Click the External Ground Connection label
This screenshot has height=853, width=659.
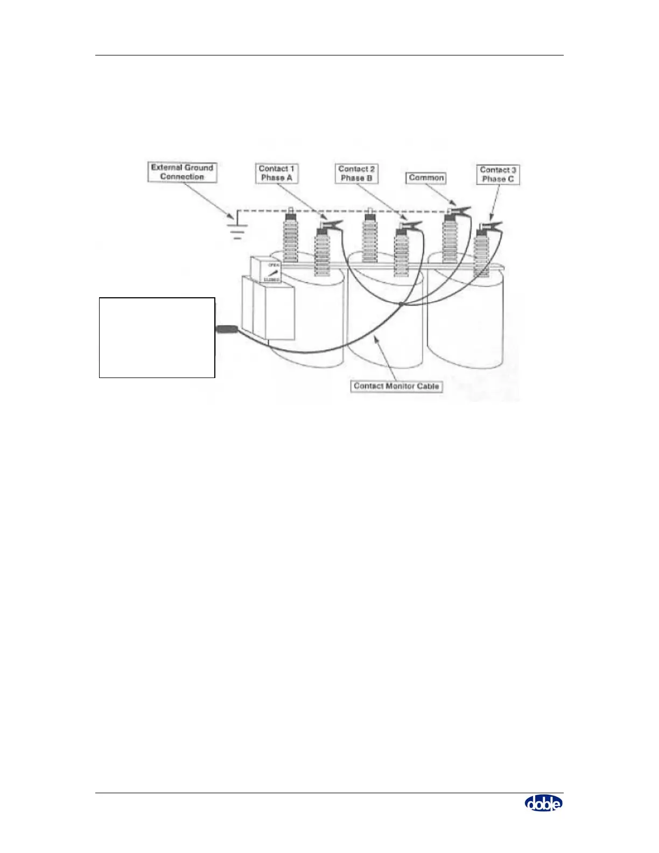[x=182, y=172]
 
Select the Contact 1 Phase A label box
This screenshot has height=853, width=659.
[x=276, y=173]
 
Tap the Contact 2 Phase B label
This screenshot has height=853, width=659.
[x=356, y=173]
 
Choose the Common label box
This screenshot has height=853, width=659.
[x=426, y=178]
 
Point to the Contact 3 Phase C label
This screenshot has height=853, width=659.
[x=498, y=174]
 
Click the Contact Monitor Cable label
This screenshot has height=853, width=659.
[x=396, y=386]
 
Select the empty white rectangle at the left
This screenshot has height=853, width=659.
[x=157, y=337]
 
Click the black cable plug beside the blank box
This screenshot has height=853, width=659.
[x=227, y=329]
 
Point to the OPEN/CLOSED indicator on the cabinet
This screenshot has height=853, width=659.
[x=272, y=272]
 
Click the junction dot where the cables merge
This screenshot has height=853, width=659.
[x=401, y=305]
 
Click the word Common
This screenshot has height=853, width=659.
[x=426, y=178]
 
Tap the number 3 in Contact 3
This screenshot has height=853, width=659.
[x=514, y=170]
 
